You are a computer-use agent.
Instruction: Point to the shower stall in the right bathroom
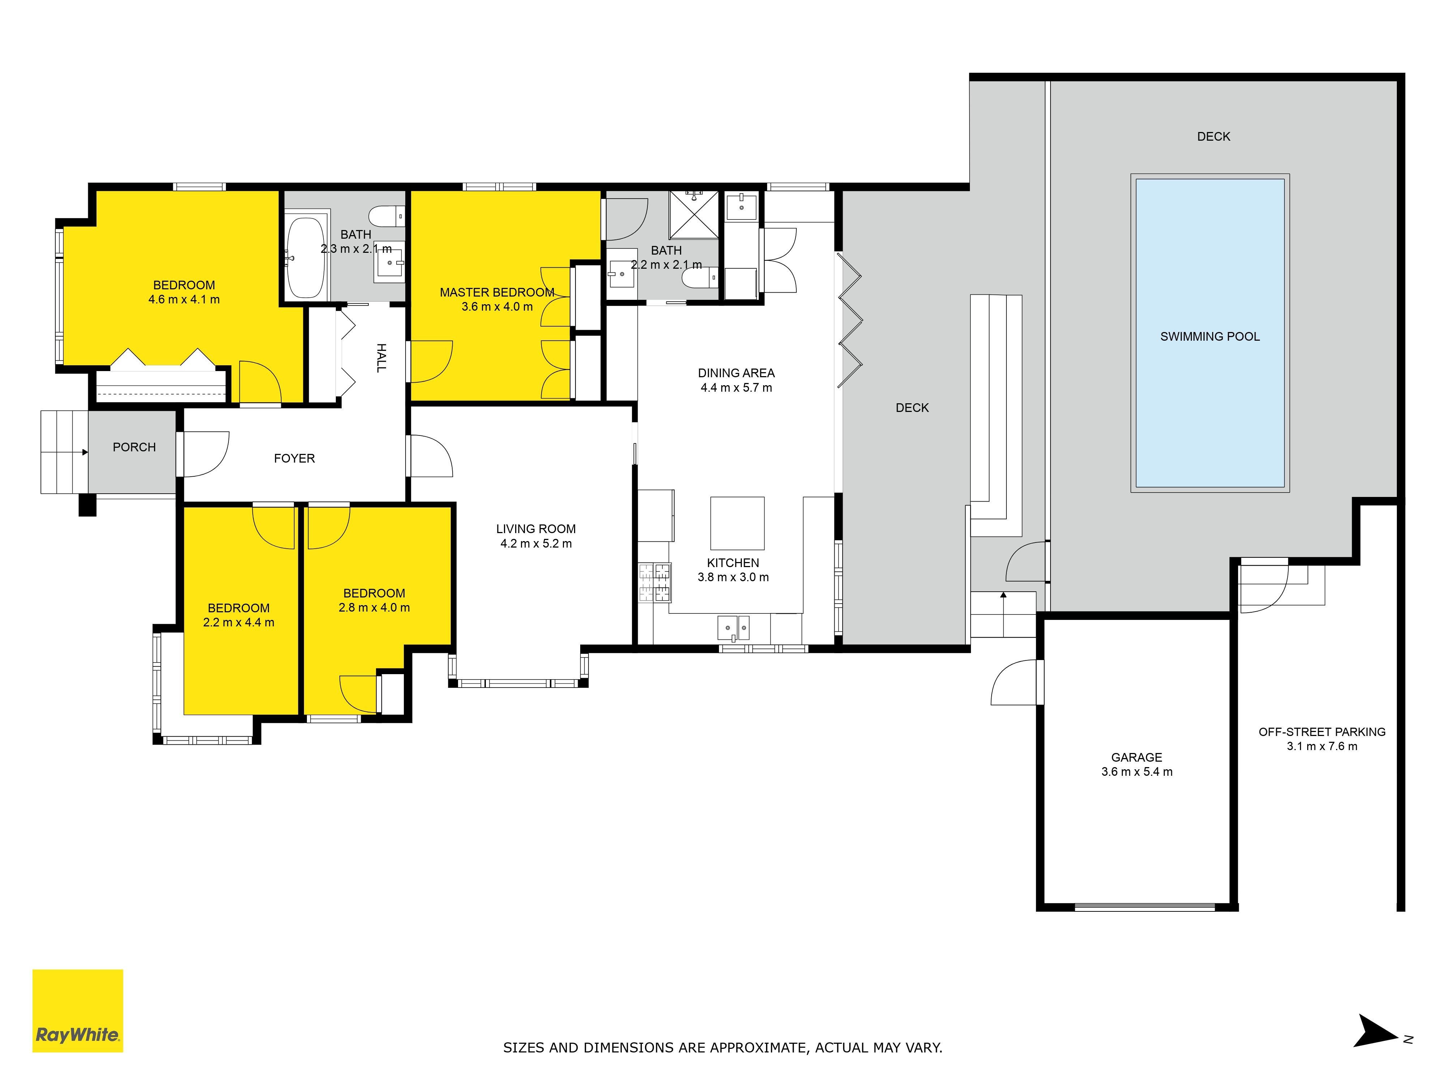point(694,214)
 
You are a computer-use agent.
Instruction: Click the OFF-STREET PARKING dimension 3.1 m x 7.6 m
point(1322,746)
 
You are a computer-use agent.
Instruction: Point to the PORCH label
point(134,447)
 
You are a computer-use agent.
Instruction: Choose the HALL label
point(381,358)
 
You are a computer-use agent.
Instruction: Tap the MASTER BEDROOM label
point(497,292)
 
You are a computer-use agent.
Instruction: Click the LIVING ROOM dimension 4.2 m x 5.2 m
point(536,544)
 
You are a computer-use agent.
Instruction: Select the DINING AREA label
point(736,373)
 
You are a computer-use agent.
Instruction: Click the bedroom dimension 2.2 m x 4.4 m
point(239,623)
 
